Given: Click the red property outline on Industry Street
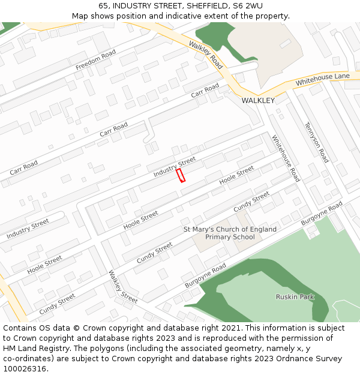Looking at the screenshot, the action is click(x=180, y=175).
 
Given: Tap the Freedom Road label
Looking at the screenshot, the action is click(x=95, y=60).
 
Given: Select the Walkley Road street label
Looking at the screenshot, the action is click(x=206, y=55).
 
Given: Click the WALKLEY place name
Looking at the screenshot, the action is click(x=258, y=100).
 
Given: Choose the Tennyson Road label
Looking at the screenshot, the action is click(x=317, y=142).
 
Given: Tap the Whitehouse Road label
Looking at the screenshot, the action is click(x=286, y=158).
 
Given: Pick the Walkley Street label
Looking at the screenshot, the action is click(x=123, y=287).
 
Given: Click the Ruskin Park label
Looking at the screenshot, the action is click(x=295, y=297).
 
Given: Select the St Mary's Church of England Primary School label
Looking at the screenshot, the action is click(x=230, y=233).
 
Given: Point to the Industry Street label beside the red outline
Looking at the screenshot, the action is click(x=175, y=166).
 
